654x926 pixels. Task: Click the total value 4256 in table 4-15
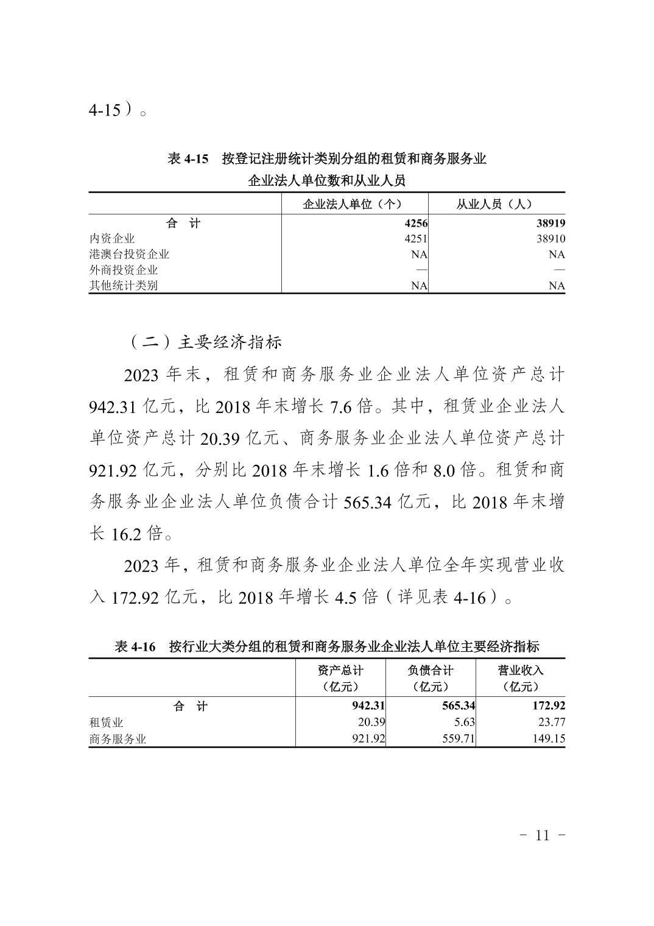point(415,224)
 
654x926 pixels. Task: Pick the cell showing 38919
point(551,224)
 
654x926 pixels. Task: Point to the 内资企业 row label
point(112,239)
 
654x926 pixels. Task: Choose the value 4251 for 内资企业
point(415,239)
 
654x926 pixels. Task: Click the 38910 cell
point(551,239)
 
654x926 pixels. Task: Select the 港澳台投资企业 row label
point(129,254)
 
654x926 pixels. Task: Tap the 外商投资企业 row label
point(124,270)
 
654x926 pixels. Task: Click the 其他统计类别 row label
point(124,285)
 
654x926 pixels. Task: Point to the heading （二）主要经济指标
point(205,342)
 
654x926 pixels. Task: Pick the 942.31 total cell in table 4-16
point(364,706)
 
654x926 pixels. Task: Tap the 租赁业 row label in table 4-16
point(107,723)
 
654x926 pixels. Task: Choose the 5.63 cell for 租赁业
point(463,723)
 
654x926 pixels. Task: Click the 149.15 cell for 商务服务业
point(549,739)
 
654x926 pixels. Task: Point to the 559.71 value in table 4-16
point(457,739)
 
